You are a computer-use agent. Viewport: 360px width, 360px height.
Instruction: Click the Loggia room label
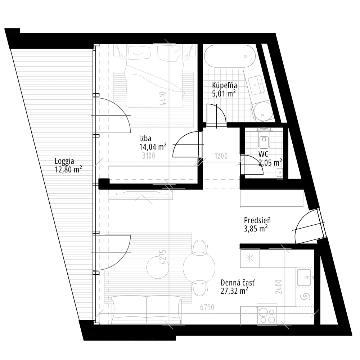(x=65, y=161)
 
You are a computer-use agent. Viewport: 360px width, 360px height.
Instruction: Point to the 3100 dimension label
(x=148, y=156)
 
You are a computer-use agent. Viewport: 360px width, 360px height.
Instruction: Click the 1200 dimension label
(x=221, y=156)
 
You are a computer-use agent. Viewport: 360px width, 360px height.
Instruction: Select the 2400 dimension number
(x=279, y=287)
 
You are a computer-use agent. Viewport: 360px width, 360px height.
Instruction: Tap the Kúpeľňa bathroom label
(x=224, y=86)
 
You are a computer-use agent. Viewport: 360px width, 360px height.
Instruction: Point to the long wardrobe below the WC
(x=272, y=199)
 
